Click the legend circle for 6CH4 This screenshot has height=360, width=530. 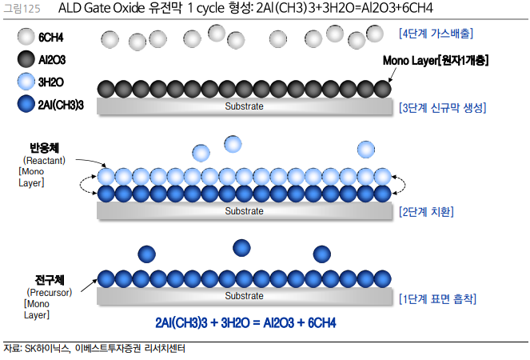pos(26,37)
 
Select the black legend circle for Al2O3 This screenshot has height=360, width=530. pos(26,59)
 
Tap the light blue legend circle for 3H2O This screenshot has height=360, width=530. pos(26,81)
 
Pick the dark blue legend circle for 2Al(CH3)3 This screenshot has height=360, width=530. pos(26,103)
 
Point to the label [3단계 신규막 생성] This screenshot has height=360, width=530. pos(442,107)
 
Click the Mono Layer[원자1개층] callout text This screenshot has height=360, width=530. pos(436,61)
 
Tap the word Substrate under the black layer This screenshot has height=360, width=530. pos(244,106)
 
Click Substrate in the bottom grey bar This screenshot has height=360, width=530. pos(244,297)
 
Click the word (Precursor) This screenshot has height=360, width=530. pos(50,293)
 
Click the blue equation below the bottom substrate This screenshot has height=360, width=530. pos(245,322)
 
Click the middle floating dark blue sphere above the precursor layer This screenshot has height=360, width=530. pos(241,248)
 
